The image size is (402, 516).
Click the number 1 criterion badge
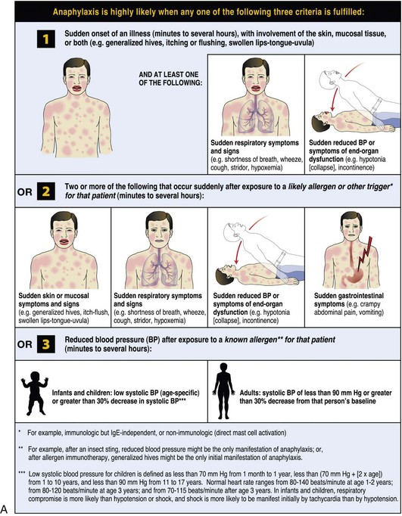[x=45, y=39]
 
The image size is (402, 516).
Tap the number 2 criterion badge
[x=45, y=191]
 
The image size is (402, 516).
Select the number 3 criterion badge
[x=45, y=344]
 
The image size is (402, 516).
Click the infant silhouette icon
[x=34, y=393]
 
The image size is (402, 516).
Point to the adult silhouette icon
[x=224, y=391]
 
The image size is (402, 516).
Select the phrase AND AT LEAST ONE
[x=169, y=75]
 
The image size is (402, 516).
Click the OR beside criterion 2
[x=25, y=191]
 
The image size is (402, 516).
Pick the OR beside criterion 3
[x=25, y=344]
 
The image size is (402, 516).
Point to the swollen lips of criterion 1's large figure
[x=76, y=89]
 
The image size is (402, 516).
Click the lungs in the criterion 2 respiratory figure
[x=160, y=270]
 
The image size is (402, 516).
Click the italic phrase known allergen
[x=251, y=340]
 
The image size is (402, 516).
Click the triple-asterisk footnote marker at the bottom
[x=22, y=473]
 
